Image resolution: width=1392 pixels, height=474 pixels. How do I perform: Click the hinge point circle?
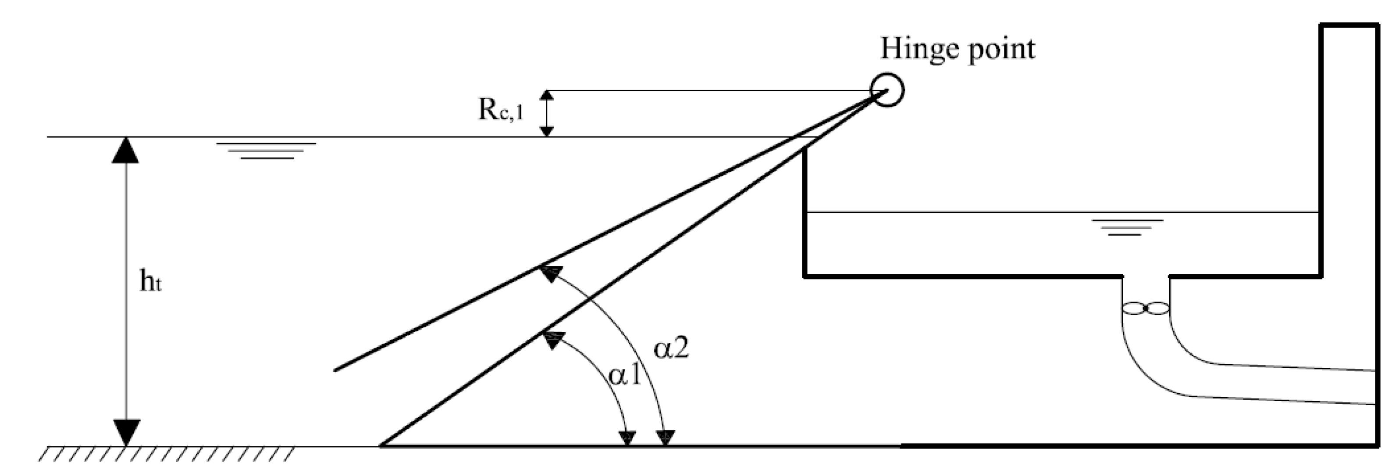click(887, 90)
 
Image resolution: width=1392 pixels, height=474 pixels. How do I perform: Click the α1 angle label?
click(625, 374)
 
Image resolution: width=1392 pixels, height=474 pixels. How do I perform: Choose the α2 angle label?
click(671, 348)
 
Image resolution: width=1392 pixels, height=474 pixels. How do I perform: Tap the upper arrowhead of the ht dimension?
click(125, 151)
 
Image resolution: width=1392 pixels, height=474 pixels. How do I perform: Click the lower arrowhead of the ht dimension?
click(125, 432)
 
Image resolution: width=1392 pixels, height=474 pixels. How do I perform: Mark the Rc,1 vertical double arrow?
click(548, 113)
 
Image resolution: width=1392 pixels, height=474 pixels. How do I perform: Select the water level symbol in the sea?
click(267, 151)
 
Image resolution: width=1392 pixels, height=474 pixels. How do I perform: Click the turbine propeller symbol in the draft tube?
click(1146, 309)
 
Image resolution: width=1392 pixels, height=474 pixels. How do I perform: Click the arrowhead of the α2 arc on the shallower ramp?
click(550, 274)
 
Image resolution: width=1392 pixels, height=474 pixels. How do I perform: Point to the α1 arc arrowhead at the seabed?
click(627, 437)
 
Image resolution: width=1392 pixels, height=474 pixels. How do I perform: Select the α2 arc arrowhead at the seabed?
click(667, 437)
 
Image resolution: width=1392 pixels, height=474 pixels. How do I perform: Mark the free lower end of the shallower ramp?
click(336, 370)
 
